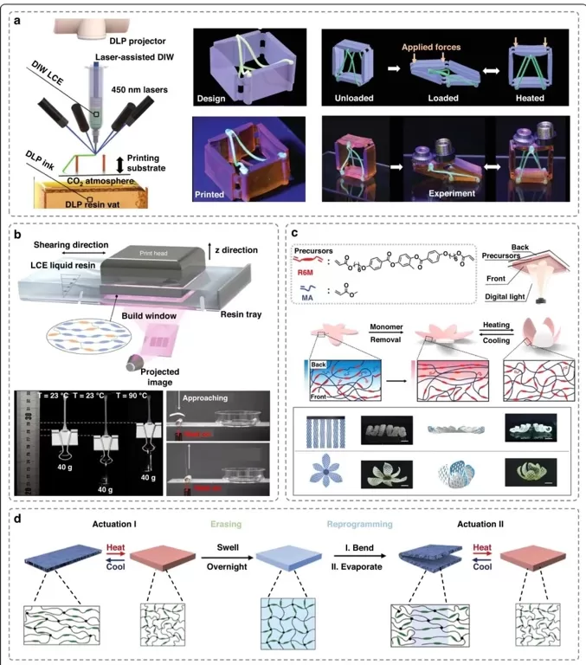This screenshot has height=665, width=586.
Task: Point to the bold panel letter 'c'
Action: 296,233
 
